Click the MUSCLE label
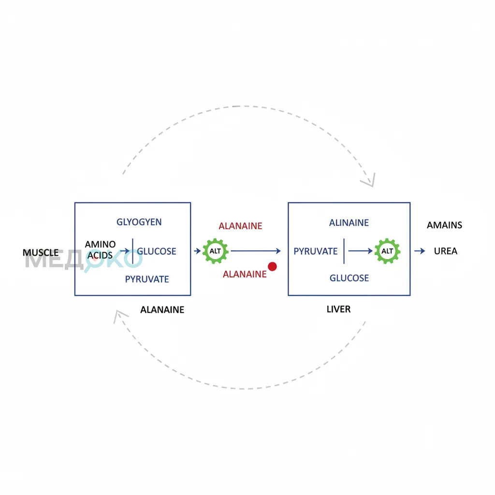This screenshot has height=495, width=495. point(41,252)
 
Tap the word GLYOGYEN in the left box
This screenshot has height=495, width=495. point(139,222)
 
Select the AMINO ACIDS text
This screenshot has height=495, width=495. point(100,250)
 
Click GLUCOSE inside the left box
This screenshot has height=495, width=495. point(156,251)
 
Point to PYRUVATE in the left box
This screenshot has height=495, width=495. point(147,279)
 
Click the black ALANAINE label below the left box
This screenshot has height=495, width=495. point(162,310)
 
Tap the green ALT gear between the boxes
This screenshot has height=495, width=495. point(215,251)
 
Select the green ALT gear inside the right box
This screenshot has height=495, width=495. point(387,251)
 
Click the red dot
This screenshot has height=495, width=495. point(272,266)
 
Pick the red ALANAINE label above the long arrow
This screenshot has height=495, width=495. point(240,226)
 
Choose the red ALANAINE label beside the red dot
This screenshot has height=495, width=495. point(245,274)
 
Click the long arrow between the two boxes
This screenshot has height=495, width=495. point(256,251)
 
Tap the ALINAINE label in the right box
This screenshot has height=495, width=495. point(349,222)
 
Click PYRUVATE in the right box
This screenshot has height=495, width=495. point(315,251)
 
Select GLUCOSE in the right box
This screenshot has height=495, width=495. point(349,278)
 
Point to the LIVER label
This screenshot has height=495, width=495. point(338,309)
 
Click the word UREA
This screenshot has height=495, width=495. point(445,251)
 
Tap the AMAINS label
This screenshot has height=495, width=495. point(445,225)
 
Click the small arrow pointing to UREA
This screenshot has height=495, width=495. point(420,251)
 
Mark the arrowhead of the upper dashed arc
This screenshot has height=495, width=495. point(373,186)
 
